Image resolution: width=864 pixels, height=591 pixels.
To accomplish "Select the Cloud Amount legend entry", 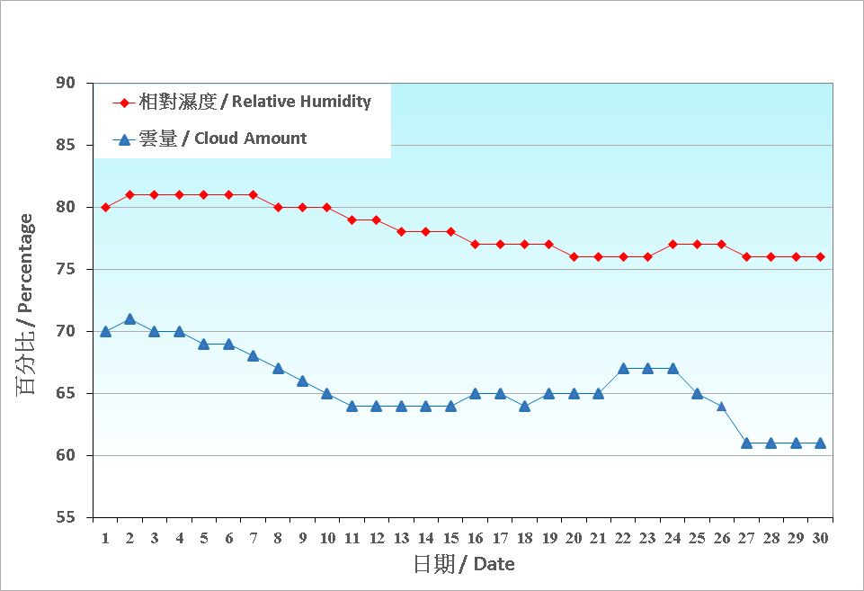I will [212, 139].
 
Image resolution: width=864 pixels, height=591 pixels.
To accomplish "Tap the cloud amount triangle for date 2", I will [130, 319].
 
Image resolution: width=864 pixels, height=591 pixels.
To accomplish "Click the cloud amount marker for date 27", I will [747, 443].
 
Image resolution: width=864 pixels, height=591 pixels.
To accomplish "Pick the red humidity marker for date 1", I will [105, 207].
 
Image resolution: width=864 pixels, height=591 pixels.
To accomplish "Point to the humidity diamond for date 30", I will [820, 257].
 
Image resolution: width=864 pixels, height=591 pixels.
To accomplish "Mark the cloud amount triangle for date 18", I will [524, 406].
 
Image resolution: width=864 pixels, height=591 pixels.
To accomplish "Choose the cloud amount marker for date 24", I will [672, 368].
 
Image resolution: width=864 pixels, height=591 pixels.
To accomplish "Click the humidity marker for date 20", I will [574, 257].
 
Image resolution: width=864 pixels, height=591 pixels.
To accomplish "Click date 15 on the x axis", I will [450, 538].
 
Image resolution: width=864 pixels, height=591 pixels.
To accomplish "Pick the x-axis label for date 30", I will [820, 538].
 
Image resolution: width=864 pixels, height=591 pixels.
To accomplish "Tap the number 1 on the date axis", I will [105, 538].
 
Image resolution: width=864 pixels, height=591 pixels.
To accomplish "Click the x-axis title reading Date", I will [464, 565].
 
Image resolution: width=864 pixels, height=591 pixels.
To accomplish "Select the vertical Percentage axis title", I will [26, 305].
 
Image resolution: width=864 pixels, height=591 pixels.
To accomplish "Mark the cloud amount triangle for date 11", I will [352, 406].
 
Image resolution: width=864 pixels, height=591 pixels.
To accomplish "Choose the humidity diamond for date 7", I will [254, 195].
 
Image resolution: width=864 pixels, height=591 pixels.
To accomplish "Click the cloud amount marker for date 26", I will [722, 406].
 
